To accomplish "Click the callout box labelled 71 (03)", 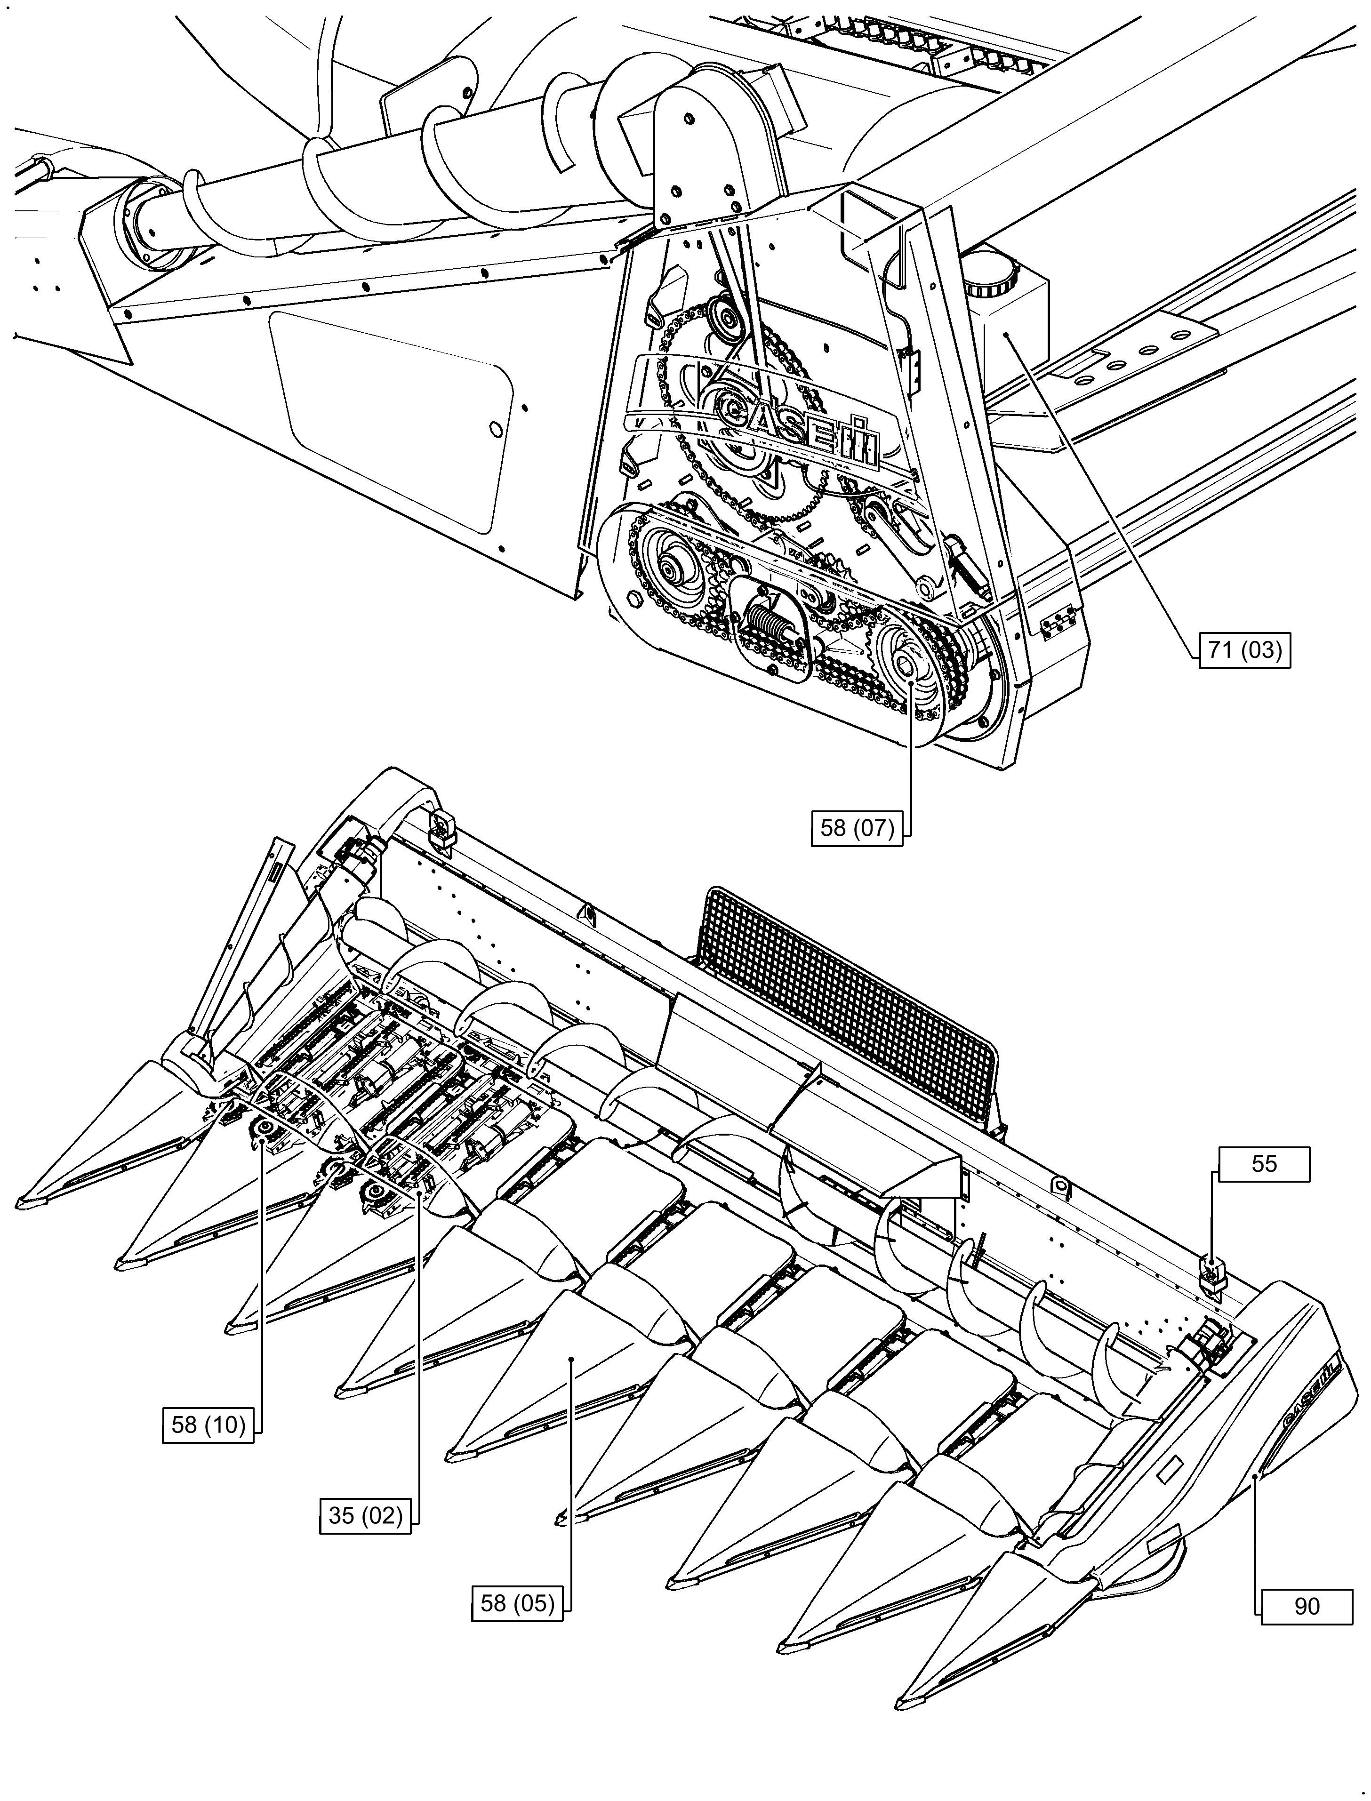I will coord(1244,650).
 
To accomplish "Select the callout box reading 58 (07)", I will coord(857,828).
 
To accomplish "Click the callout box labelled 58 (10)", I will coord(208,1425).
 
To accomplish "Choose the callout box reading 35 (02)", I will coord(365,1515).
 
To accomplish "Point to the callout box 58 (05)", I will coord(517,1603).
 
